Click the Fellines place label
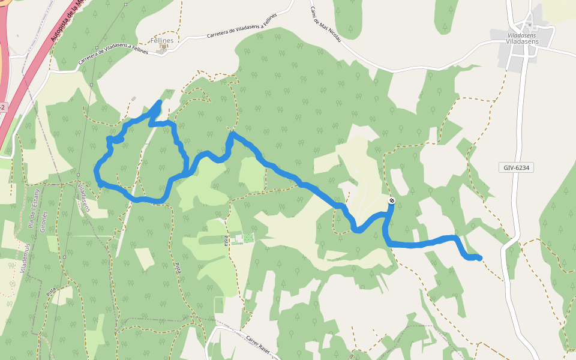[162, 41]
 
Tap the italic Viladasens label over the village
[521, 35]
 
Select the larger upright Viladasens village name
[522, 42]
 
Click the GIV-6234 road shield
[515, 167]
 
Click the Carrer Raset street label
[259, 342]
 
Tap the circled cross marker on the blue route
[392, 201]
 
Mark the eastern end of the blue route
[480, 258]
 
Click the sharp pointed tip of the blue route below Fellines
[159, 101]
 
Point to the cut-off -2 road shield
[2, 107]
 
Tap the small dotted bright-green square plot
[248, 238]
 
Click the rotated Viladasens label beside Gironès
[83, 198]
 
